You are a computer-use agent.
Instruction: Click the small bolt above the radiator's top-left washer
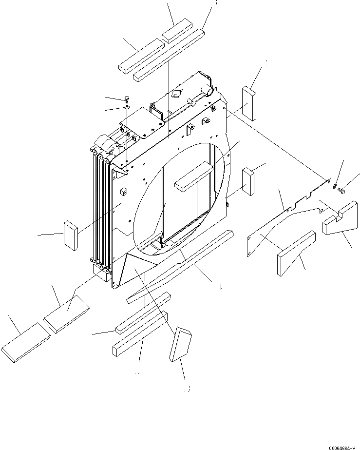pos(127,99)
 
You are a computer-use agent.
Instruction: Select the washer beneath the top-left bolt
pos(126,107)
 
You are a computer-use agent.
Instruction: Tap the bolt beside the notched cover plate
pos(341,191)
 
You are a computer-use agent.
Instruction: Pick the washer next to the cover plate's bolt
pos(335,185)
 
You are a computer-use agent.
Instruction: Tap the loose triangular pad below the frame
pos(179,344)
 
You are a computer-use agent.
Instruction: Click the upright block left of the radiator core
pos(70,235)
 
